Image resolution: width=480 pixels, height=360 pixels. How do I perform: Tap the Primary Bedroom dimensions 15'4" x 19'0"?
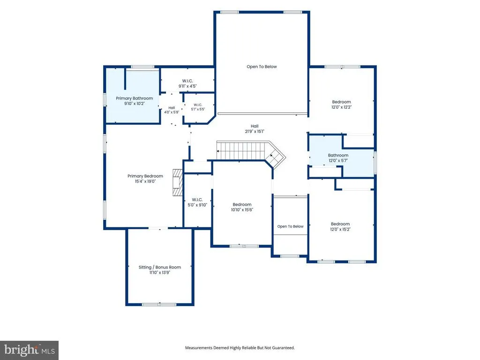tap(145, 181)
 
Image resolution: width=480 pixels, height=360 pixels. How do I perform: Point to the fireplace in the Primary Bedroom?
tap(178, 182)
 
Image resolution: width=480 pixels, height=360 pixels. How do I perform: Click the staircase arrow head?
tap(218, 151)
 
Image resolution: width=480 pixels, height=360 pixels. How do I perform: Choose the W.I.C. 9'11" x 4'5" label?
tap(187, 83)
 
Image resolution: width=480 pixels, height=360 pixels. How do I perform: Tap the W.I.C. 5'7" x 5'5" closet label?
tap(198, 107)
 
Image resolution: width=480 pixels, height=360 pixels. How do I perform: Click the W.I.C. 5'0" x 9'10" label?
tap(197, 202)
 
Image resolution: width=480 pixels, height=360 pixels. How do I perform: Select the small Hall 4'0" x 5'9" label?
tap(172, 110)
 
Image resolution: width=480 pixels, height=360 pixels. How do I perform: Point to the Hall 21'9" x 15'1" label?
tap(255, 128)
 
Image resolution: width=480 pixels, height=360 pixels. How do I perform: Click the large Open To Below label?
tap(262, 67)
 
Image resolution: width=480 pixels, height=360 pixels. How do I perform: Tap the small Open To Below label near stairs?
tap(290, 226)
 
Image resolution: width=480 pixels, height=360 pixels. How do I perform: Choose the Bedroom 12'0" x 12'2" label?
tap(341, 105)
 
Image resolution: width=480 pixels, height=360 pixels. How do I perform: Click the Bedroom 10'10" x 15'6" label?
tap(242, 207)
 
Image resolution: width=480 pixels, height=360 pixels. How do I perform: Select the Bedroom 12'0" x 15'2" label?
tap(340, 226)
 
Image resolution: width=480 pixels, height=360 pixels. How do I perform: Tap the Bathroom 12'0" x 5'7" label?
tap(338, 157)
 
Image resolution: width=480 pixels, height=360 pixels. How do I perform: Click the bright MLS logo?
tap(30, 350)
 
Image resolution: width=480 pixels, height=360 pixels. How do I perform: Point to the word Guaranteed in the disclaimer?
tap(284, 348)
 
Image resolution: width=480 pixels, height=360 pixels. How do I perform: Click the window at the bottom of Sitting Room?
tap(159, 304)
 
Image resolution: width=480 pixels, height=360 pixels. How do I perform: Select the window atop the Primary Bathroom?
tap(142, 67)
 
